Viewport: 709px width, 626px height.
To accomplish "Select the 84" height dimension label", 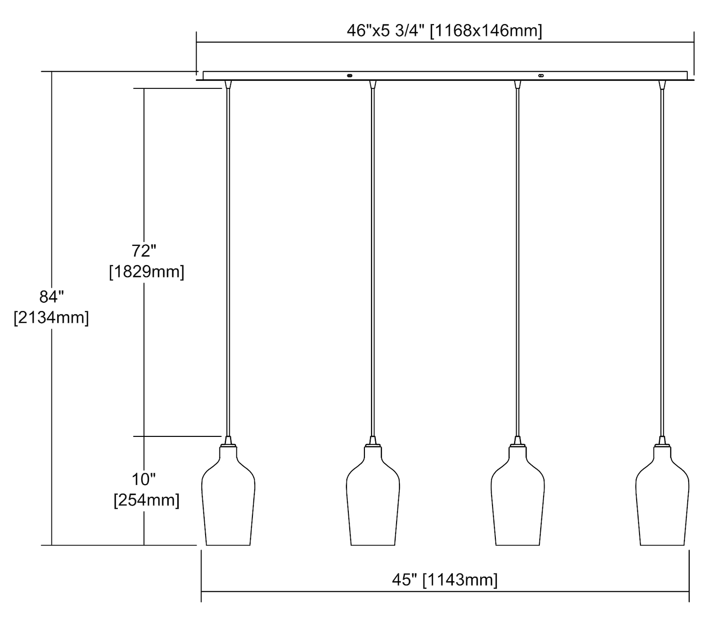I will tap(51, 297).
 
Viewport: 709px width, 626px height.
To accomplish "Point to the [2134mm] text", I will tap(51, 318).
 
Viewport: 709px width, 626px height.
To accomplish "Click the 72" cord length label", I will tap(144, 251).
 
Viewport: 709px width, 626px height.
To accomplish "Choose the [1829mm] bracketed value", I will tap(147, 272).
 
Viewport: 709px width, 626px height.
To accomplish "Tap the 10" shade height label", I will tap(144, 479).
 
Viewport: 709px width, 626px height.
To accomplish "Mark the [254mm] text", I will tap(147, 500).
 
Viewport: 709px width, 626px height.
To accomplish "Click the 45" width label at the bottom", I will tap(405, 580).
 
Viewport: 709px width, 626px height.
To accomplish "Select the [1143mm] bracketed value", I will tap(460, 580).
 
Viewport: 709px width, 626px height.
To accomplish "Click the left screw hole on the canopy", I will tap(350, 75).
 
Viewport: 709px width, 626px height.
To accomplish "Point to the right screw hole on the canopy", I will tap(541, 75).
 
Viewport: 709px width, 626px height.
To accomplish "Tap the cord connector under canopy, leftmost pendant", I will tap(228, 84).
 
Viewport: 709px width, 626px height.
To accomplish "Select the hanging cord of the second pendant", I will tap(373, 260).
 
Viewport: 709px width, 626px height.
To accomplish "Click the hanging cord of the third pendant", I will tap(518, 260).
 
